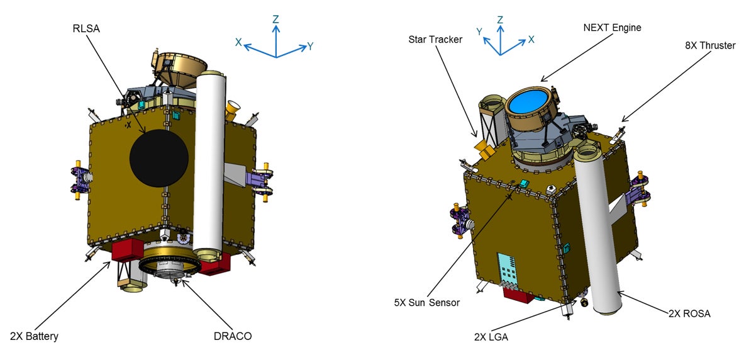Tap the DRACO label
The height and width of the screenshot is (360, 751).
pyautogui.click(x=233, y=336)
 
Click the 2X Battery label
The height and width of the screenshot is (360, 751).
pyautogui.click(x=34, y=336)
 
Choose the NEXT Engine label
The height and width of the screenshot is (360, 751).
pyautogui.click(x=612, y=28)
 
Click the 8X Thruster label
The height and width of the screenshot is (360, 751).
pyautogui.click(x=709, y=45)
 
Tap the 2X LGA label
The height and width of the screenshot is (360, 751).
pyautogui.click(x=491, y=337)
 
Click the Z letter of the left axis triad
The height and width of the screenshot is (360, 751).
pyautogui.click(x=275, y=20)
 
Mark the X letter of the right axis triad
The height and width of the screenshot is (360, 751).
pyautogui.click(x=531, y=39)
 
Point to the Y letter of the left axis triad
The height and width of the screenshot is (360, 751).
pyautogui.click(x=311, y=46)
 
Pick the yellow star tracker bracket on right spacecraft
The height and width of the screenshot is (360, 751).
pyautogui.click(x=485, y=149)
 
